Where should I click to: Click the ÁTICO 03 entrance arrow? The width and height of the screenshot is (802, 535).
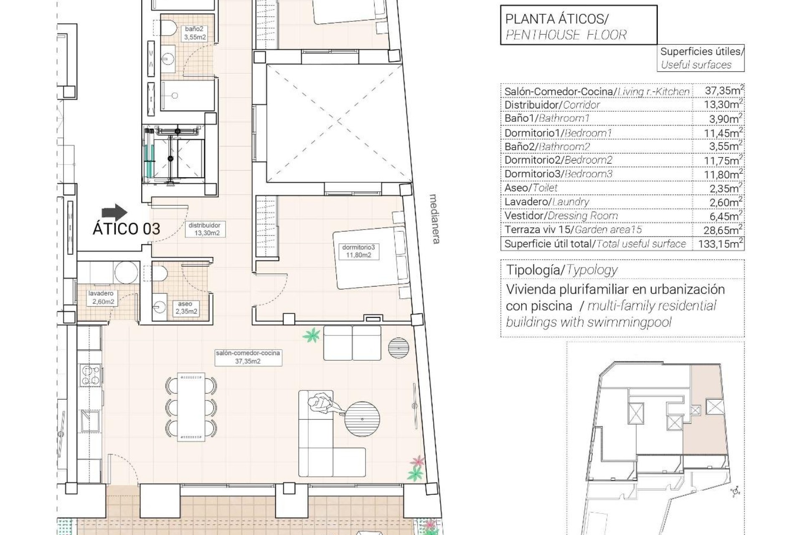point(114,212)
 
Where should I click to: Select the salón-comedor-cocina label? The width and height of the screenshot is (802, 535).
point(248,357)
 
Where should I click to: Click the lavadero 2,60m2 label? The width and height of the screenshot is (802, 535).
point(101,298)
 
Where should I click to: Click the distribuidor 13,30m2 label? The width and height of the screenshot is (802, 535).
point(204,229)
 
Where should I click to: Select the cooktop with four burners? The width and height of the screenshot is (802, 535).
point(91,375)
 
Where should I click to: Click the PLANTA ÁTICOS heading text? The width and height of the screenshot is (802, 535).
point(557,19)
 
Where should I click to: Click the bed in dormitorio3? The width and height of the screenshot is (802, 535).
point(369,258)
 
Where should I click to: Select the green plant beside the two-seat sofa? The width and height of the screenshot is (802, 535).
point(311,335)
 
